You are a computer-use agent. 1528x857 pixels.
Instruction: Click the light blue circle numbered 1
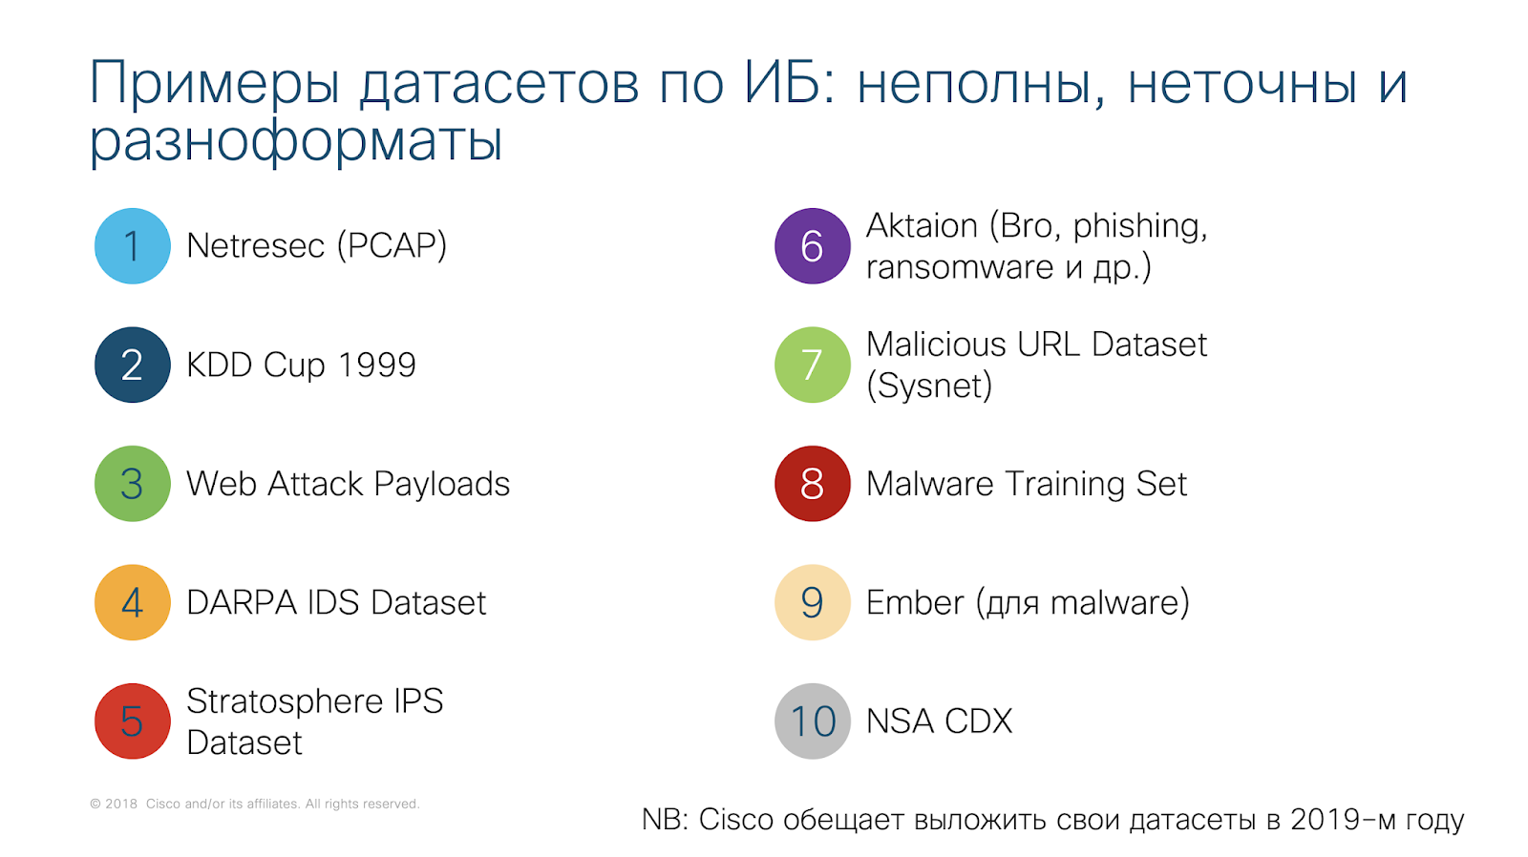(133, 246)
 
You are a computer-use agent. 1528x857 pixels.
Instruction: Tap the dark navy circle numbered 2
(133, 365)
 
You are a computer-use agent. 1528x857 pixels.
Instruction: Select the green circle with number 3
(133, 484)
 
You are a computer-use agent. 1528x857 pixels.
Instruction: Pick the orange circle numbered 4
(133, 603)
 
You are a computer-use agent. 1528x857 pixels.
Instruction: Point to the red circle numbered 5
(133, 721)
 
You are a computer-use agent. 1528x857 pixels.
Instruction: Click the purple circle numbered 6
(813, 246)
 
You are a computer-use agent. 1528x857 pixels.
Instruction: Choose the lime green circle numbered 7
(813, 365)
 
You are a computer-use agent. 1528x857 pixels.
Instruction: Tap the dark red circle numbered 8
(813, 484)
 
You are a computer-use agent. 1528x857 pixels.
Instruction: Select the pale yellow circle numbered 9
(813, 603)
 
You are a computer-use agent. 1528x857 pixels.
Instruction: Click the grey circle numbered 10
(813, 721)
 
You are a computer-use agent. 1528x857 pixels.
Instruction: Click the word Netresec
(256, 246)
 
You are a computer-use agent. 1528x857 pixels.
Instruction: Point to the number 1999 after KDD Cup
(377, 365)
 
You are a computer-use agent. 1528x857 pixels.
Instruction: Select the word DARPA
(242, 603)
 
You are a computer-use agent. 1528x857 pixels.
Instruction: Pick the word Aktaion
(922, 225)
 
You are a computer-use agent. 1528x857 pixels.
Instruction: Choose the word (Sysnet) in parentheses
(929, 387)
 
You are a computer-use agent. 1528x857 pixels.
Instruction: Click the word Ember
(916, 603)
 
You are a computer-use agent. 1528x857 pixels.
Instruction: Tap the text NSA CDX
(940, 721)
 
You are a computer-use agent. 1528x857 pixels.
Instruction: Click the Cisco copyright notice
(254, 804)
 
